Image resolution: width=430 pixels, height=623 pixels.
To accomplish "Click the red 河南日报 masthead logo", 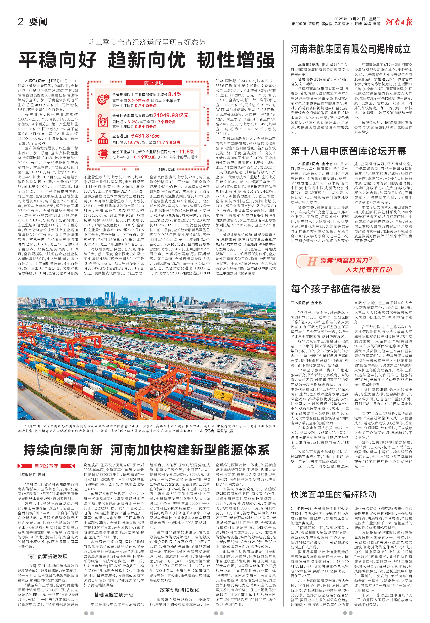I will pos(399,22).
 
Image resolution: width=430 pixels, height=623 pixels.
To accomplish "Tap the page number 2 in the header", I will pos(20,22).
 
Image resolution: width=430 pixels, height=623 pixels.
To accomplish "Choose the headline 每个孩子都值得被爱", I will pos(335,289).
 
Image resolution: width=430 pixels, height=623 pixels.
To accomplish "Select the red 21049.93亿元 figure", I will pos(171,115).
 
